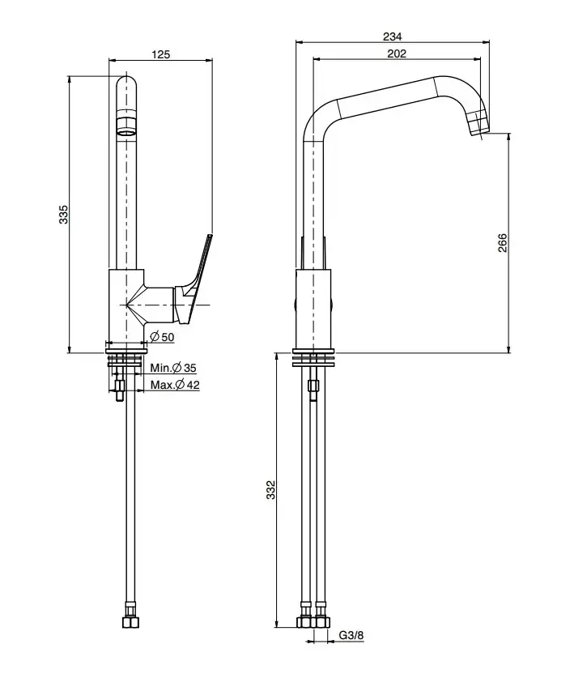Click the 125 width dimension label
(160, 54)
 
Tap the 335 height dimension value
(63, 214)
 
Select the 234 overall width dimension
(393, 36)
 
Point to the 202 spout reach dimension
(397, 53)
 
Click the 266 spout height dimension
(502, 243)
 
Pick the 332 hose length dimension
(271, 490)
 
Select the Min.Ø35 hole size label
(173, 368)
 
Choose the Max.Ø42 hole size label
(175, 385)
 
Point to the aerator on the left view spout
(126, 126)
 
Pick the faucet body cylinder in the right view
(313, 308)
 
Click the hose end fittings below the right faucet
(313, 623)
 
